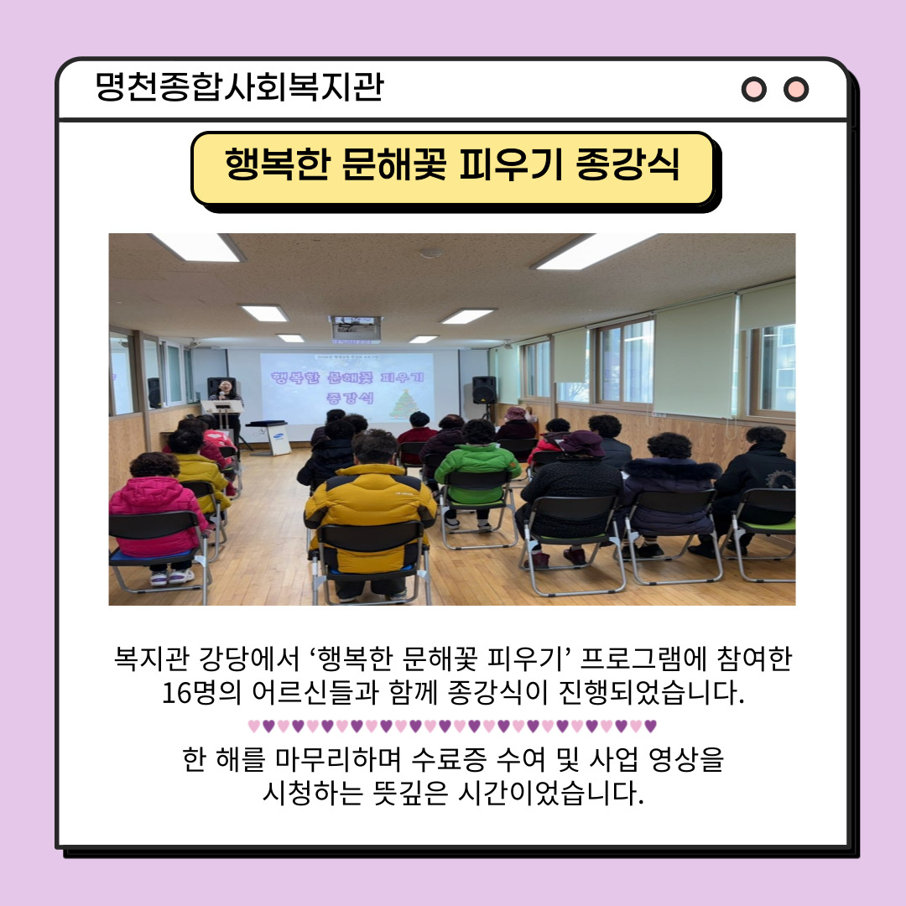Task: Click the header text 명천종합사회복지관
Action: pyautogui.click(x=239, y=86)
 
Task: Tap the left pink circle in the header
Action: pyautogui.click(x=753, y=89)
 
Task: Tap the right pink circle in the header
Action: pyautogui.click(x=795, y=89)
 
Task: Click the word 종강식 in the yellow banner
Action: pyautogui.click(x=627, y=164)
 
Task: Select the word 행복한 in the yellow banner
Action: pyautogui.click(x=277, y=164)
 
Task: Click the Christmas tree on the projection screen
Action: pyautogui.click(x=404, y=404)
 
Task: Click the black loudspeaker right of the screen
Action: pyautogui.click(x=484, y=389)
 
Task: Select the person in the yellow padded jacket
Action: pyautogui.click(x=370, y=508)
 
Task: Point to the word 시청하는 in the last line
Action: pyautogui.click(x=313, y=793)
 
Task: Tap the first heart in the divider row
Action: pyautogui.click(x=253, y=726)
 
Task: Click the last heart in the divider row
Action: pyautogui.click(x=651, y=726)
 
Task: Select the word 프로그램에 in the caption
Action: pyautogui.click(x=643, y=659)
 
